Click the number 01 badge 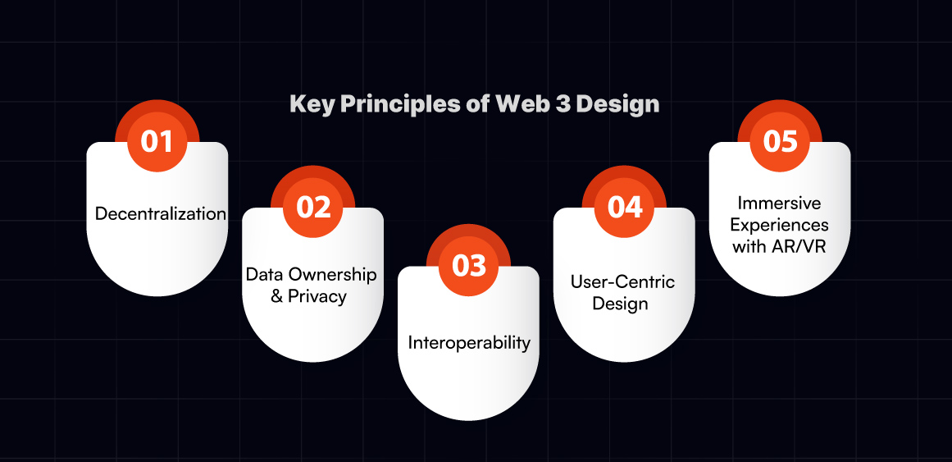[157, 142]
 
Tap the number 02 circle [312, 208]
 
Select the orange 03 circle [468, 266]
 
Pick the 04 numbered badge [624, 208]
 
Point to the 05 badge [780, 142]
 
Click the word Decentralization [161, 214]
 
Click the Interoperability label [469, 343]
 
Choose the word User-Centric [622, 281]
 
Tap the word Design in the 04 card [621, 303]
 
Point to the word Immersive [780, 203]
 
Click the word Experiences [780, 225]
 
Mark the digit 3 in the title [560, 104]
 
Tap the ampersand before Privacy [277, 297]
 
